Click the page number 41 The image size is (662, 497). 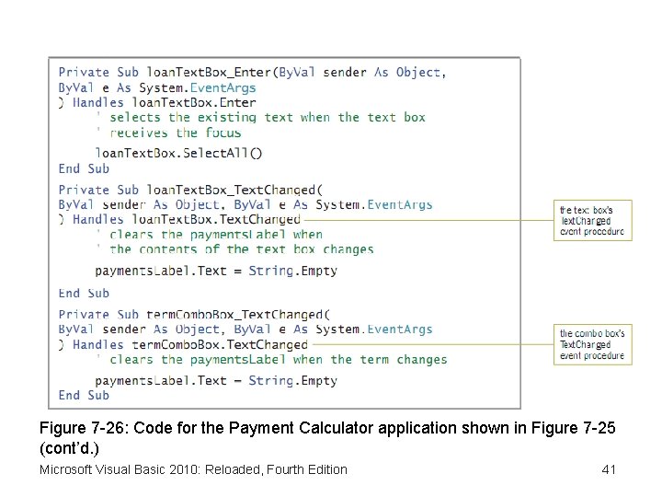pyautogui.click(x=608, y=470)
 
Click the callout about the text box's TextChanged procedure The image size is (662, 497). pyautogui.click(x=592, y=221)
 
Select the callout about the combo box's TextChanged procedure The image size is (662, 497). pyautogui.click(x=592, y=344)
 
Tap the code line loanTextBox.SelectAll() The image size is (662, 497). pyautogui.click(x=178, y=153)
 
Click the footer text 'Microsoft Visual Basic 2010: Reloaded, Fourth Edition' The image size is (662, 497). pyautogui.click(x=193, y=470)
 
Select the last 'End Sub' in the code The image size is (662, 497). pyautogui.click(x=84, y=395)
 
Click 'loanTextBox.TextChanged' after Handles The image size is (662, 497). pyautogui.click(x=216, y=219)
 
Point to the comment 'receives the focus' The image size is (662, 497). pyautogui.click(x=175, y=133)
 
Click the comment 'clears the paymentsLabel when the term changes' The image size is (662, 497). pyautogui.click(x=278, y=359)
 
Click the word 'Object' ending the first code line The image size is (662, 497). pyautogui.click(x=418, y=72)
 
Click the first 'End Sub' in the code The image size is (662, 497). pyautogui.click(x=84, y=168)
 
